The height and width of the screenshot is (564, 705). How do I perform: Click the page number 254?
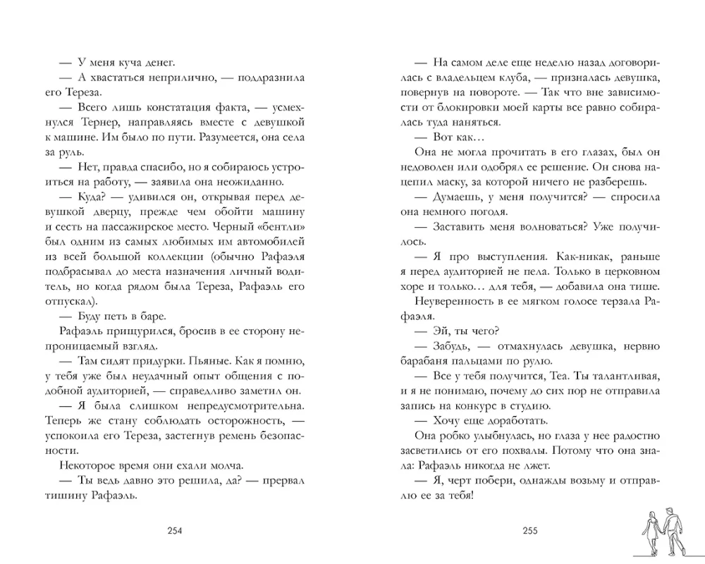[173, 531]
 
